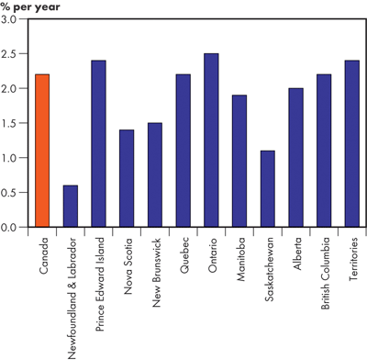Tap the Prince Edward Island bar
[x=99, y=143]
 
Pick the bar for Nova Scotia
[x=127, y=178]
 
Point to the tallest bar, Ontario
[x=211, y=140]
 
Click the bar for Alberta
[x=295, y=157]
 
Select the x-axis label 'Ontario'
[x=211, y=254]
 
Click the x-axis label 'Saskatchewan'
[x=267, y=267]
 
